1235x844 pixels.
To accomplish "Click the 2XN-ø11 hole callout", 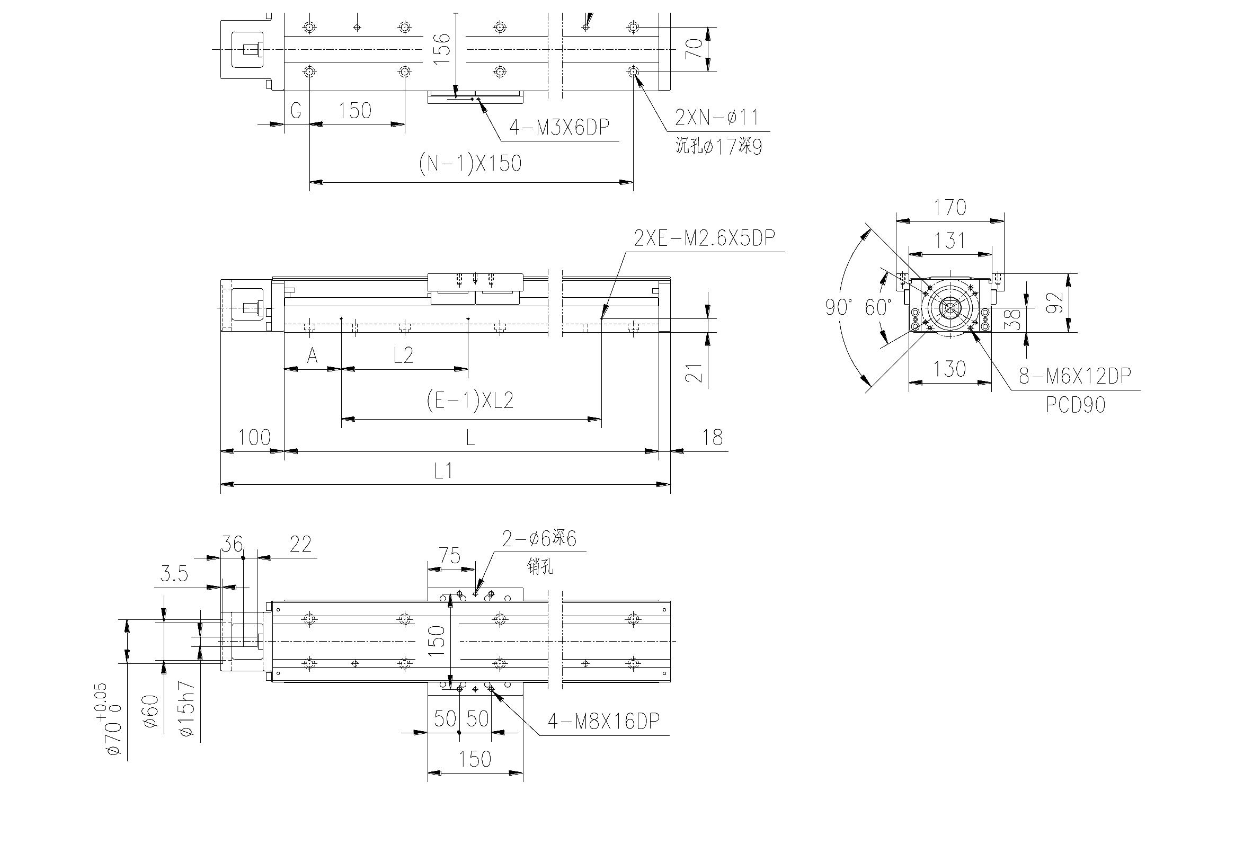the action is pos(717,118).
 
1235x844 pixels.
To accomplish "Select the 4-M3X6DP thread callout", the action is pos(559,128).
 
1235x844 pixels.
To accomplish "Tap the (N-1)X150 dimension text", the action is pos(470,163).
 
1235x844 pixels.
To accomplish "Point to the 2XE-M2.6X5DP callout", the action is pos(705,238).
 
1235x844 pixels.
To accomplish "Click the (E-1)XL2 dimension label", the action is pos(470,400).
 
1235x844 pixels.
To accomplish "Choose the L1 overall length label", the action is pos(443,471).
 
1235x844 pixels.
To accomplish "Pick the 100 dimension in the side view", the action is pos(254,438).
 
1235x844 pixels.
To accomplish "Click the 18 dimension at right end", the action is pos(712,438).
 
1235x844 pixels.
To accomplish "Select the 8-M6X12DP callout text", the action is pos(1075,376).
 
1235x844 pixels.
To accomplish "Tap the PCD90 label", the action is pos(1076,405).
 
